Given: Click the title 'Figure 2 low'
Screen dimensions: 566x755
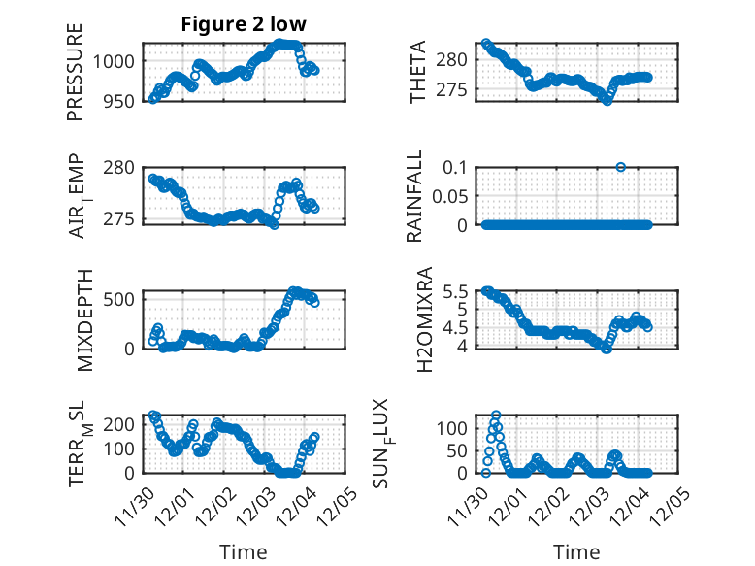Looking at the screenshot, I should (243, 25).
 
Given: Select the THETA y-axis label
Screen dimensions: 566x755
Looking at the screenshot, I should (418, 72).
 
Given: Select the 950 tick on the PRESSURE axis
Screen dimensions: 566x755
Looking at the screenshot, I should (121, 100).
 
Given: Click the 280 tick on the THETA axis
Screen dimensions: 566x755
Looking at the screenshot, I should (458, 60).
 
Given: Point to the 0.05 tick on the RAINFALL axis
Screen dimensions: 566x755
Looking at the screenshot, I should (454, 196).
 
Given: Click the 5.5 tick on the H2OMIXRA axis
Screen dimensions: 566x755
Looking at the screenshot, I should (458, 291).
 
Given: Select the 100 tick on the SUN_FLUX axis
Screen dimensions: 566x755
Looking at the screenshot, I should (458, 428).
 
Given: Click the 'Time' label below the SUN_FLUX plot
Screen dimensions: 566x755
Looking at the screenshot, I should (577, 552).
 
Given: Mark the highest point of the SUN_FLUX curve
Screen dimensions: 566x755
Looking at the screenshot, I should (496, 415).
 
